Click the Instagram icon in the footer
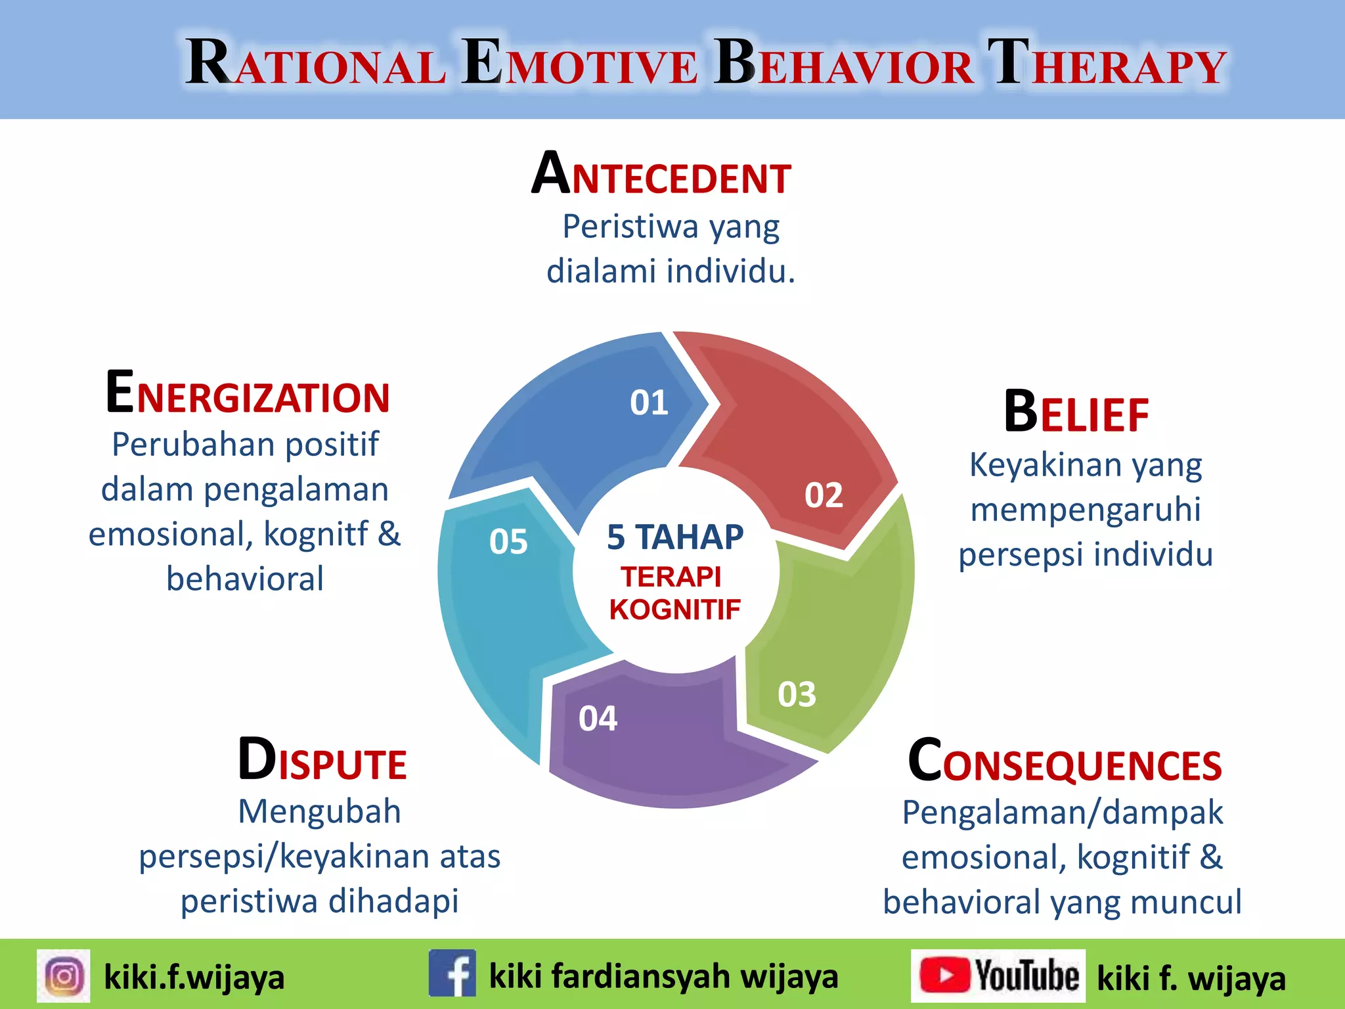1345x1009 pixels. (x=64, y=975)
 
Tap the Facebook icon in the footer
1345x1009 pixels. (x=452, y=973)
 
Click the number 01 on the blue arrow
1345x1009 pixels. (x=649, y=402)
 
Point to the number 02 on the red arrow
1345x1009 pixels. (x=824, y=495)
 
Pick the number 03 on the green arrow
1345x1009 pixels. (x=797, y=694)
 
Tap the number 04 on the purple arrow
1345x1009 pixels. (x=598, y=719)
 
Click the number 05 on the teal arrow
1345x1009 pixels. (x=508, y=542)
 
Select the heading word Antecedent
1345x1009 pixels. (x=661, y=174)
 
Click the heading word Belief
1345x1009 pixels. (x=1076, y=413)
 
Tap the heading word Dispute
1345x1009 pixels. (x=322, y=761)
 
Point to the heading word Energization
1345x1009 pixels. (x=248, y=394)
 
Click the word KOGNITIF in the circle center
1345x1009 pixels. (x=674, y=610)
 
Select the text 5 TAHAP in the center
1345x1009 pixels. (x=675, y=537)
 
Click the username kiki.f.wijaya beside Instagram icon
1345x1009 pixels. (x=194, y=977)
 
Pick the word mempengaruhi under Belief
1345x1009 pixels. (x=1086, y=510)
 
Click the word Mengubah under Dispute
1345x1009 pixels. (x=319, y=811)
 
